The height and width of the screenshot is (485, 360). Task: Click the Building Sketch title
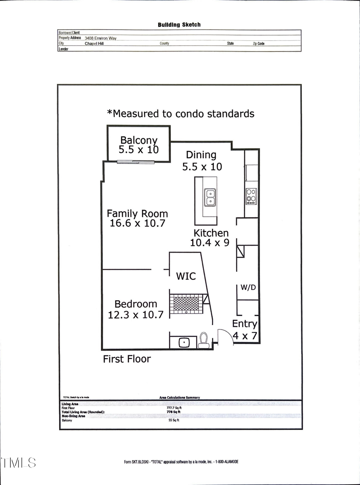pos(179,25)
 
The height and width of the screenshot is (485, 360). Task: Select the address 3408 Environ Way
pos(100,38)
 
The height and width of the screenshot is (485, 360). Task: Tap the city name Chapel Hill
pos(94,44)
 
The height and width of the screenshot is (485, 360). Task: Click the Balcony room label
pos(139,140)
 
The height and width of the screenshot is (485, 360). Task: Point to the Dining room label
pos(201,155)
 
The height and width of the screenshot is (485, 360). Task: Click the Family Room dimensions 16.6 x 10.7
pos(137,224)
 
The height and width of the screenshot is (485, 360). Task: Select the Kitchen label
pos(211,233)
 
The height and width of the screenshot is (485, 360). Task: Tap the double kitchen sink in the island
pos(210,197)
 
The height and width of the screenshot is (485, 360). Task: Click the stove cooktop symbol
pos(251,196)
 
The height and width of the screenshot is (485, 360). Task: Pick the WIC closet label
pos(186,276)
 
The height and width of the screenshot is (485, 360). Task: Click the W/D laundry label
pos(248,287)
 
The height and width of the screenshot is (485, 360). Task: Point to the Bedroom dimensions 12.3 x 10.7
pos(136,315)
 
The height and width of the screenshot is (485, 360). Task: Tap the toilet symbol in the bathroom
pos(204,341)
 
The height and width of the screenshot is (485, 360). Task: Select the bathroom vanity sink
pos(183,343)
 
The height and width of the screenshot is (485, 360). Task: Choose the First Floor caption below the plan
pos(127,359)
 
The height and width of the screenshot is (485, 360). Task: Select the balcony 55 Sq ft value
pos(174,420)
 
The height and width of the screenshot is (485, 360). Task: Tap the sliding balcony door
pos(136,162)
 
